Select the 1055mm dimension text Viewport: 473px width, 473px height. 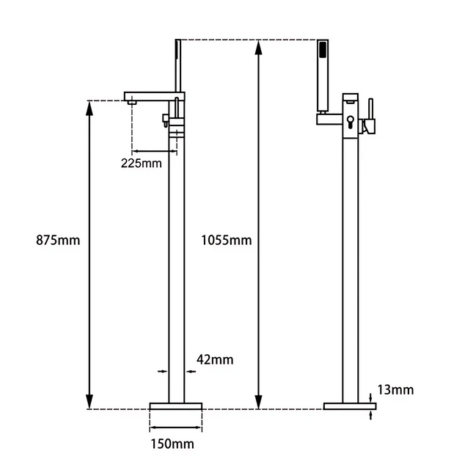point(226,240)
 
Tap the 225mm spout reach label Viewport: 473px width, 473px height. point(141,163)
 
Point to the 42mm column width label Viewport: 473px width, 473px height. point(215,359)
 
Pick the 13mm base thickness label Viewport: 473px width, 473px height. point(395,389)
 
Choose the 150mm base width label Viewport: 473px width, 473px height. point(175,444)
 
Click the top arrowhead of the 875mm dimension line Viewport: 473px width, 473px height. point(89,107)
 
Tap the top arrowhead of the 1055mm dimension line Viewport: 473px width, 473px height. point(257,45)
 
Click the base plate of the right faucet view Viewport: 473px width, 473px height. point(349,406)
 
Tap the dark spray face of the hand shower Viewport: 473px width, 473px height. point(322,51)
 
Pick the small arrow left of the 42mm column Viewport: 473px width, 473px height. point(162,371)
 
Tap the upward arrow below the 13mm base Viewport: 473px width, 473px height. point(373,415)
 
